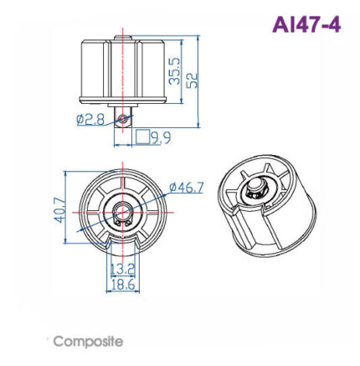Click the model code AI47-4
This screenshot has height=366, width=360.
[306, 24]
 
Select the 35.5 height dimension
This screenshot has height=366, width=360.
[174, 72]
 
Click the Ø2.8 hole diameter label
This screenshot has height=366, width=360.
[90, 119]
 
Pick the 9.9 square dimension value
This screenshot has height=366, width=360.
[161, 137]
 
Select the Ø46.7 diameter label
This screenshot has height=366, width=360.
[186, 187]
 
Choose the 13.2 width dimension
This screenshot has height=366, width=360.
[123, 269]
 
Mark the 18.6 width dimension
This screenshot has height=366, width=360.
[123, 285]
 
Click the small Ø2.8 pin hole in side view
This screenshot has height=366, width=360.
[124, 119]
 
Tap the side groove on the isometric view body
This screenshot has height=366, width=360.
[246, 229]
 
